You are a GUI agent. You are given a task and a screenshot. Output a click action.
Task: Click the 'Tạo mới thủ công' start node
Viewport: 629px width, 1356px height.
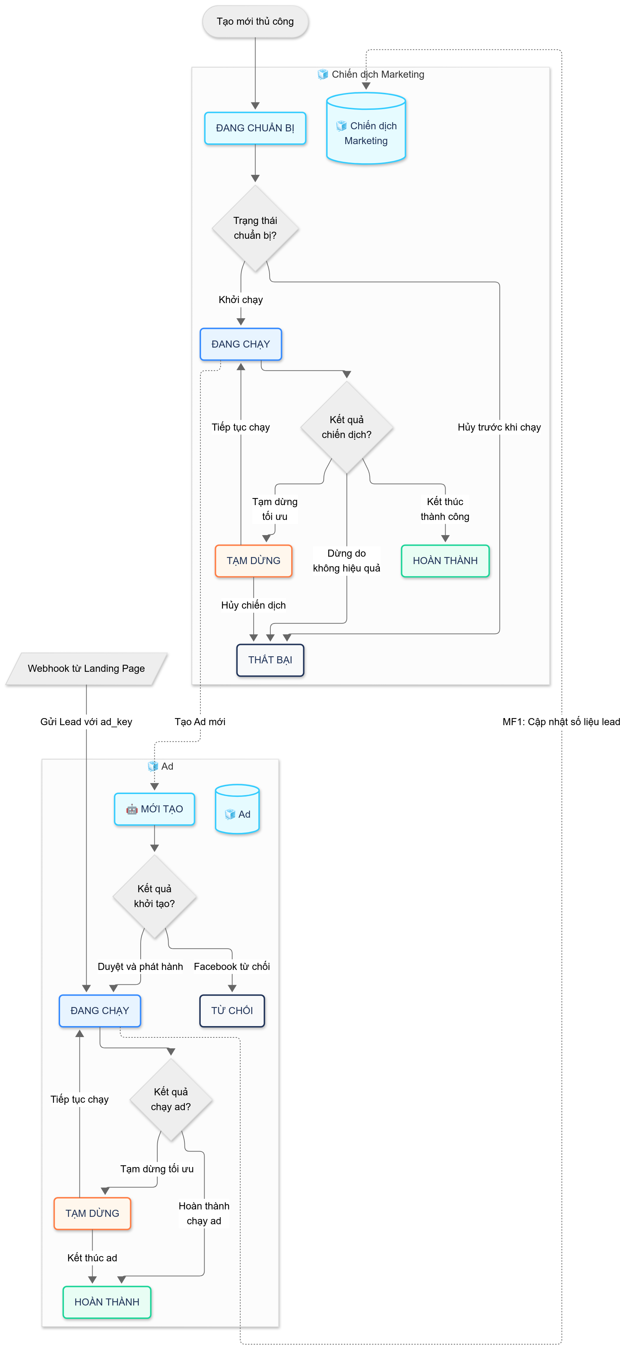255,22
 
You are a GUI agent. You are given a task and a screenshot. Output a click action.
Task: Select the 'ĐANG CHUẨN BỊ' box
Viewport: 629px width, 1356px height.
255,128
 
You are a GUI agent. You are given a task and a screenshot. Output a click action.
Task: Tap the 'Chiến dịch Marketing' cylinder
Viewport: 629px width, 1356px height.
366,130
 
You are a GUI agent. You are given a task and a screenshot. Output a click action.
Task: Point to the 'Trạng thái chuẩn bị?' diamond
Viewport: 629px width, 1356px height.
255,228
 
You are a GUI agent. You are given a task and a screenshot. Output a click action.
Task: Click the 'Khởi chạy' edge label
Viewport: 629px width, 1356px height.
241,300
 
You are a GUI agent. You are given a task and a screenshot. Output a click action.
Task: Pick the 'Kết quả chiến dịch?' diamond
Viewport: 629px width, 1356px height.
347,427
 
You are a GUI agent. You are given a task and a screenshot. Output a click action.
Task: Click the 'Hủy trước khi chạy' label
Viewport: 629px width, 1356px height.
499,427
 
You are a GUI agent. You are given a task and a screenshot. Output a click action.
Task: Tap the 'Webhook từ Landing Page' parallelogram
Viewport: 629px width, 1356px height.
86,669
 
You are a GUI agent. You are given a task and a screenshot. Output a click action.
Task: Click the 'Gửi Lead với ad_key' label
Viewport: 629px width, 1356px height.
86,722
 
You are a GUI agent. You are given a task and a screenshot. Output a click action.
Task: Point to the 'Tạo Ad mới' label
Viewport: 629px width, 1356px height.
200,722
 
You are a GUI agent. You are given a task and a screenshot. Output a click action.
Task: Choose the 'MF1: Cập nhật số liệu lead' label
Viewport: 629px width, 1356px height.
561,722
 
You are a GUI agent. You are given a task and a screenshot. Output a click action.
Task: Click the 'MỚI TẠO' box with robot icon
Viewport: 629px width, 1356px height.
154,809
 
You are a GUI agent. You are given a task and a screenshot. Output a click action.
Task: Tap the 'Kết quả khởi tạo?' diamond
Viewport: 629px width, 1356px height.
154,896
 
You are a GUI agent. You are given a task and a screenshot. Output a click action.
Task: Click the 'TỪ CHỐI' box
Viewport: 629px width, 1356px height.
232,1010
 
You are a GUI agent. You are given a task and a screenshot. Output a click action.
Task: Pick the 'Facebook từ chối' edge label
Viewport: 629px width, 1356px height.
232,966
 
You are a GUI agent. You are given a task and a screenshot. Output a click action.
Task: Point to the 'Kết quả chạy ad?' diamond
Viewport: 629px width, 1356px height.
171,1099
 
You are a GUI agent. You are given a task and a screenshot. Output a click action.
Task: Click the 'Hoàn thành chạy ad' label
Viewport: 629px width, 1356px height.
204,1213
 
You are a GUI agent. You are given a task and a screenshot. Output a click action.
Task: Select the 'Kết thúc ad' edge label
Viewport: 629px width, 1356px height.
92,1257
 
